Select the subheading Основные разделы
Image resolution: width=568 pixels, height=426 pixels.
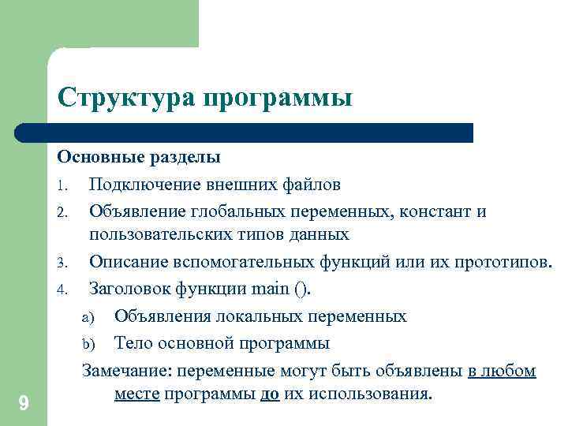tap(140, 157)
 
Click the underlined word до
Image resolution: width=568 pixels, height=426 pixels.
tap(269, 394)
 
